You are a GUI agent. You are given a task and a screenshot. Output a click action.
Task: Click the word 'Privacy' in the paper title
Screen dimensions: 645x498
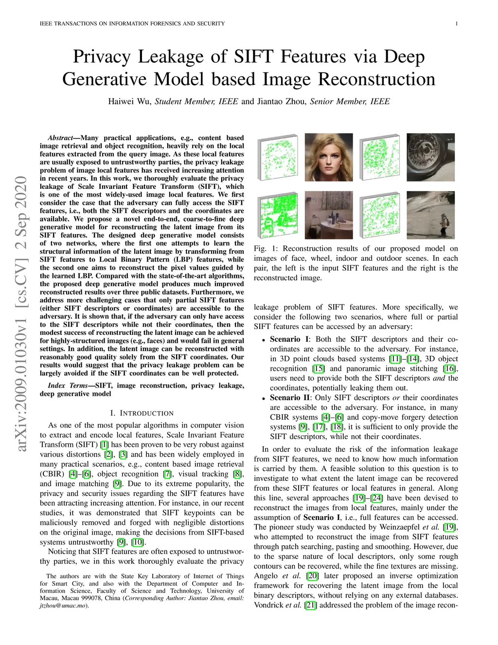(103, 57)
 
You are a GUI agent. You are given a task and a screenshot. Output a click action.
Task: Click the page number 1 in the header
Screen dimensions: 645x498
(457, 23)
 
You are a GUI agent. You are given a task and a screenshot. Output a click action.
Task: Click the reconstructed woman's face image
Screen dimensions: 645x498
(329, 157)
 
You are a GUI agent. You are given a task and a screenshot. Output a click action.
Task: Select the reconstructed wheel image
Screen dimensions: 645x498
(430, 157)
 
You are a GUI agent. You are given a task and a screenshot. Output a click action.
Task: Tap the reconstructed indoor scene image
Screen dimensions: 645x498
(329, 214)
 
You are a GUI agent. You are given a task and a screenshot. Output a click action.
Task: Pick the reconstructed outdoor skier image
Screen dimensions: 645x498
(430, 214)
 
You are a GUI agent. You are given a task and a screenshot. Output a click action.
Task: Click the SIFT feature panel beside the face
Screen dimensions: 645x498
(278, 160)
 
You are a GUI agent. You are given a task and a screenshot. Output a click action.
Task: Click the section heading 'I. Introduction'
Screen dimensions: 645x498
(142, 413)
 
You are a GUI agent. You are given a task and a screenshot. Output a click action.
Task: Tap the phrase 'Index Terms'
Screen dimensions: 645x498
(68, 386)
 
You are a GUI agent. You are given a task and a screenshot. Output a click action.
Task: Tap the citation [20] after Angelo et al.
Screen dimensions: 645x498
(312, 576)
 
